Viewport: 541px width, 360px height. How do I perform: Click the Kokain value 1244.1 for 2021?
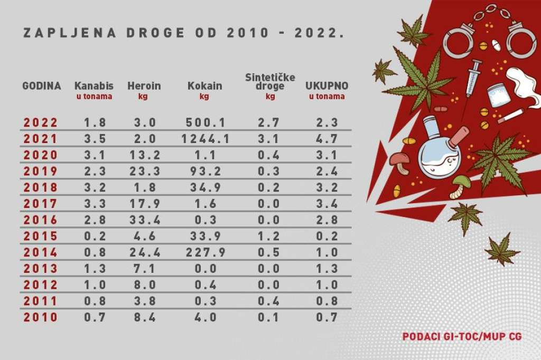[x=205, y=139]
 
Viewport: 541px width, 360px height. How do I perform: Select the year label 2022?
[x=41, y=122]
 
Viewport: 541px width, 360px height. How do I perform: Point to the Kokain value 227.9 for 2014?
[x=205, y=252]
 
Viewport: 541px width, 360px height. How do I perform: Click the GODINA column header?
[x=41, y=86]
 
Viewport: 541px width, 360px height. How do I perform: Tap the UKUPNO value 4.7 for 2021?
[x=327, y=139]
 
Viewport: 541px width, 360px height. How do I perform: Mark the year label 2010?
[x=41, y=318]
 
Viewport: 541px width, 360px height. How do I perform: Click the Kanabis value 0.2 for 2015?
[x=95, y=236]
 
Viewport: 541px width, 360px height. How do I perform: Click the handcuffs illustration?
[x=489, y=34]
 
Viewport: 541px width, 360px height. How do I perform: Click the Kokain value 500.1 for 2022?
[x=205, y=122]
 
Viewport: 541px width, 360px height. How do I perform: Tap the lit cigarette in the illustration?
[x=510, y=116]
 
